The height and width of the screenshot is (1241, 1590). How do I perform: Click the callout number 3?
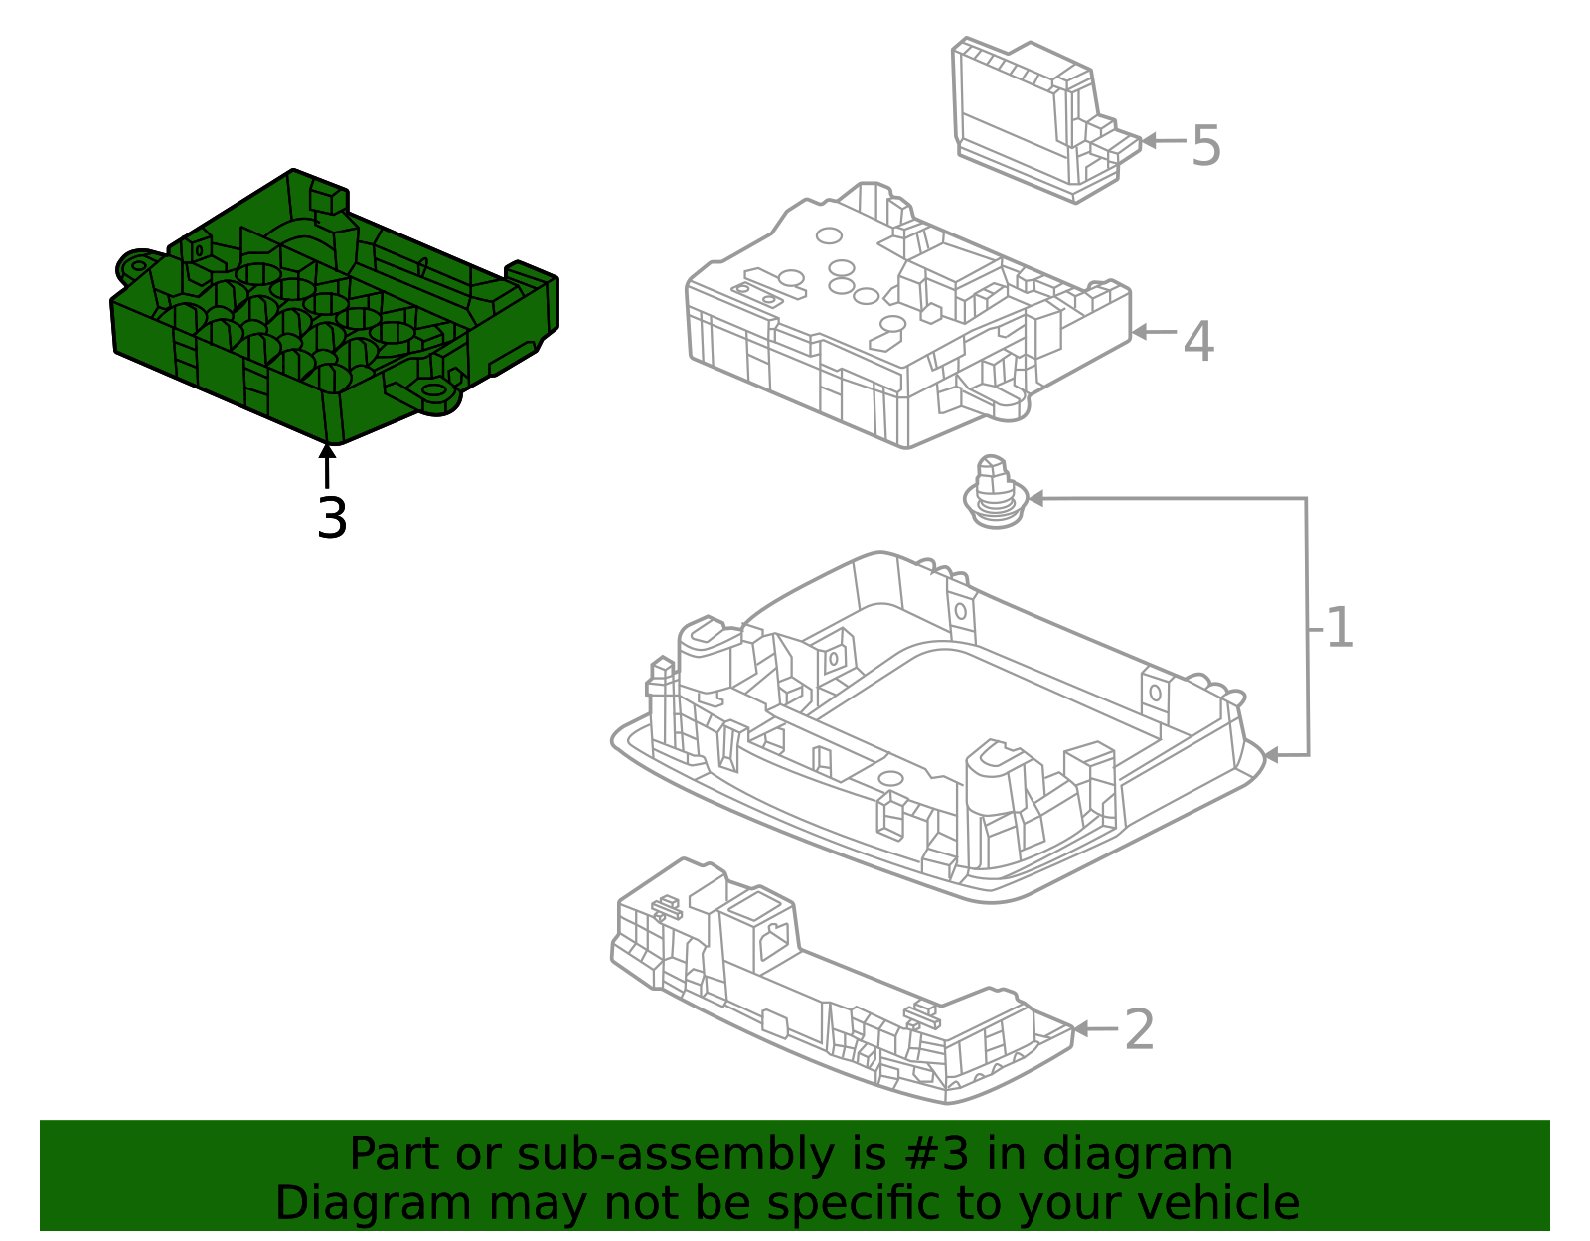click(332, 518)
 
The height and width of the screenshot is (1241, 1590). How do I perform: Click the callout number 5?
click(1206, 145)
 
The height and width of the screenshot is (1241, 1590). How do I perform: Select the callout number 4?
click(1198, 341)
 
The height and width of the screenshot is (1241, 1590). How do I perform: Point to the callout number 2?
click(1139, 1029)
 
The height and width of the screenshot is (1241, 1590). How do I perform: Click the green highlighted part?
click(334, 307)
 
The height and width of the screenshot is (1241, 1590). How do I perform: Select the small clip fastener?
click(995, 492)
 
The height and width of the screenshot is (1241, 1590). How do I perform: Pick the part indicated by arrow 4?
click(908, 314)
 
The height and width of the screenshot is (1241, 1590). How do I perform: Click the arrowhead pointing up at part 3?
click(327, 451)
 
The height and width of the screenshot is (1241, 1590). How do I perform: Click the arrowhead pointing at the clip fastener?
click(1037, 499)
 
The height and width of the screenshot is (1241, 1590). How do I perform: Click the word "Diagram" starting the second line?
click(373, 1204)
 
